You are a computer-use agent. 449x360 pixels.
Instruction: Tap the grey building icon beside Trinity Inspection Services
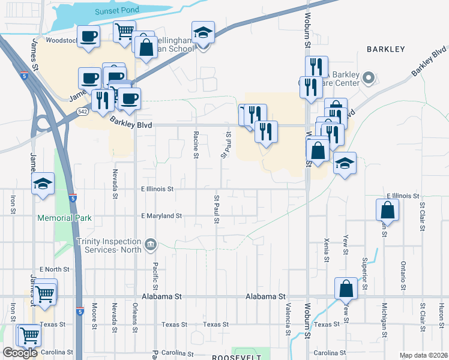151,244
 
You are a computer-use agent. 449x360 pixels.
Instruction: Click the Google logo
20,353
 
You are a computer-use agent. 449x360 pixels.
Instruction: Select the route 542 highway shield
83,112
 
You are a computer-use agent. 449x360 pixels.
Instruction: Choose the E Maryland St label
161,215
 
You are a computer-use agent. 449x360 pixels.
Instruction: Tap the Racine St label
196,145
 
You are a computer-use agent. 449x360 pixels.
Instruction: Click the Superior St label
364,275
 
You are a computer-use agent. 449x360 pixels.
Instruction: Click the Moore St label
94,316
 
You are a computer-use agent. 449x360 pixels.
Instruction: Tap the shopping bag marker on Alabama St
347,289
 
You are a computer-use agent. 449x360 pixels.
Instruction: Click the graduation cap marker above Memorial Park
43,184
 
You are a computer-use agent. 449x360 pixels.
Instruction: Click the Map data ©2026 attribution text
423,355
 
